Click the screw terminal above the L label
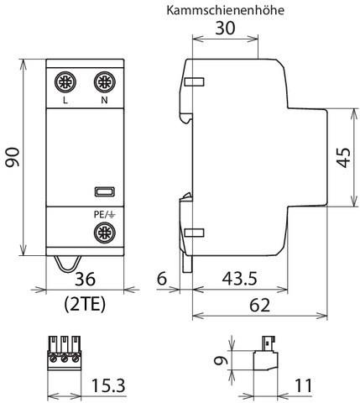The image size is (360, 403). click(65, 82)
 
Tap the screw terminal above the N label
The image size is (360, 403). click(103, 82)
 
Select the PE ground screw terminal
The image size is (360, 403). click(103, 233)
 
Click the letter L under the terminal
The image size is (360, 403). click(65, 102)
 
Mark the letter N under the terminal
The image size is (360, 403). click(103, 102)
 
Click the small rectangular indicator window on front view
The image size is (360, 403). click(103, 191)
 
